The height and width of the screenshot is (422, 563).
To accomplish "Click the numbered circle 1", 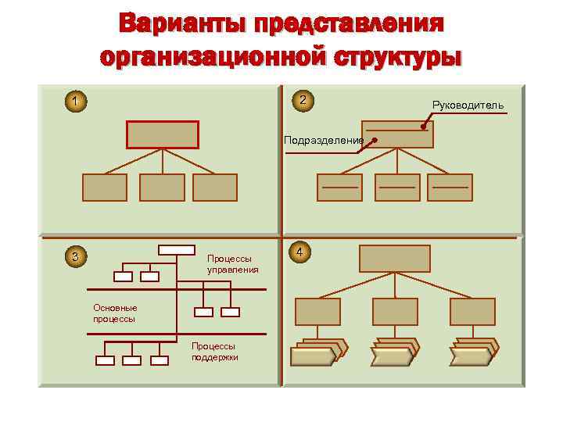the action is tap(75, 101).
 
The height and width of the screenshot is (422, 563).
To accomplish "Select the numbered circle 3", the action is tap(75, 256).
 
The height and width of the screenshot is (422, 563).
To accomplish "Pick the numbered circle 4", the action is tap(301, 252).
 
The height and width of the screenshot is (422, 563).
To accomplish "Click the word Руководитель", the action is tap(468, 105).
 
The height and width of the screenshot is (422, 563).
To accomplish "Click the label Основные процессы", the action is tap(115, 313).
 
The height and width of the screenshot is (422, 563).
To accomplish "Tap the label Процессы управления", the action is tap(232, 264).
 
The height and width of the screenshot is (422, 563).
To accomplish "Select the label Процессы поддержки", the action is tap(214, 351).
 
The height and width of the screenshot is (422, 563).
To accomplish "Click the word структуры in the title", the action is tap(399, 57).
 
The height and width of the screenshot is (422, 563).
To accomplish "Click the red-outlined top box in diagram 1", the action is tap(163, 134).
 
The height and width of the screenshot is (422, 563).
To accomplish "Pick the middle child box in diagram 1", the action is tap(162, 188).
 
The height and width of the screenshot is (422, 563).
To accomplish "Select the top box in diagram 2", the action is tap(397, 134).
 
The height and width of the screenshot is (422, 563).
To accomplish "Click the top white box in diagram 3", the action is tap(176, 249).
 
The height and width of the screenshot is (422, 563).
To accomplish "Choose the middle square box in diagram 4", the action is tap(395, 312).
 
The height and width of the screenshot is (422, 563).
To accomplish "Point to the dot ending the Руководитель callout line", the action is tap(423, 127).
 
